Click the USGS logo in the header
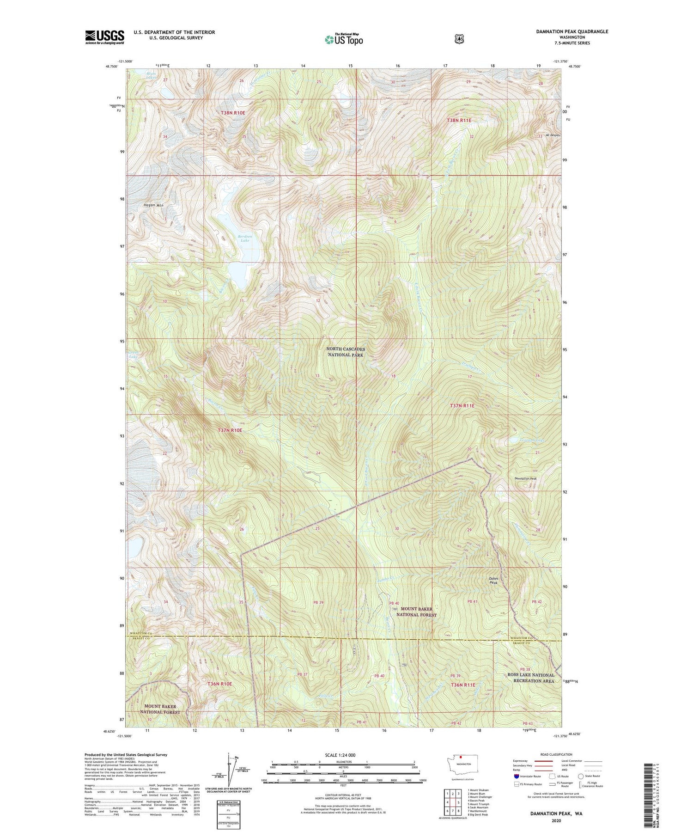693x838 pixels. (x=104, y=37)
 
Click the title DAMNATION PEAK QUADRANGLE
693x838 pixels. (x=565, y=31)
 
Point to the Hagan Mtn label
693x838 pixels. (x=153, y=205)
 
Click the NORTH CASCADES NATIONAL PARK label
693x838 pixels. (x=346, y=352)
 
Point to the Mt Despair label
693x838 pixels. (x=553, y=135)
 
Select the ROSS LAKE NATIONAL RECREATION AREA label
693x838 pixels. (x=530, y=678)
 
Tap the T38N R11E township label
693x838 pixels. (x=459, y=120)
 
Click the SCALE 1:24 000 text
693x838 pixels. (x=343, y=755)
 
